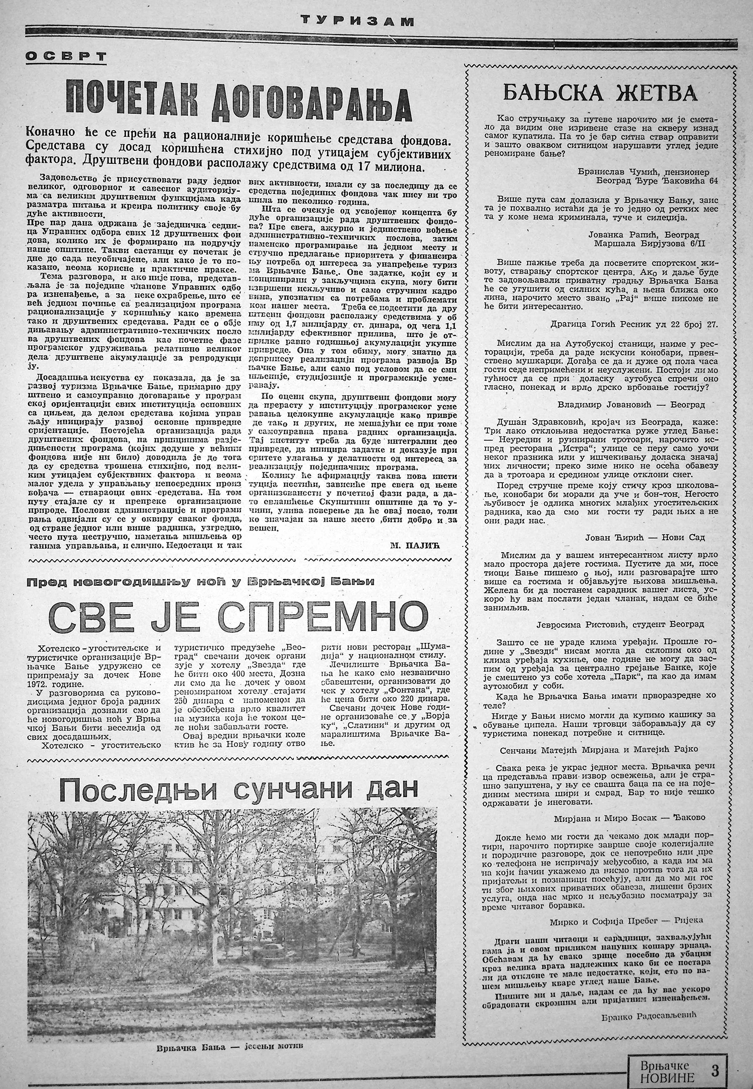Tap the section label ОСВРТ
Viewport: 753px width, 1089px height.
click(66, 57)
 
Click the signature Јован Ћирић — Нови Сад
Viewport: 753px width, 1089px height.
click(644, 537)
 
